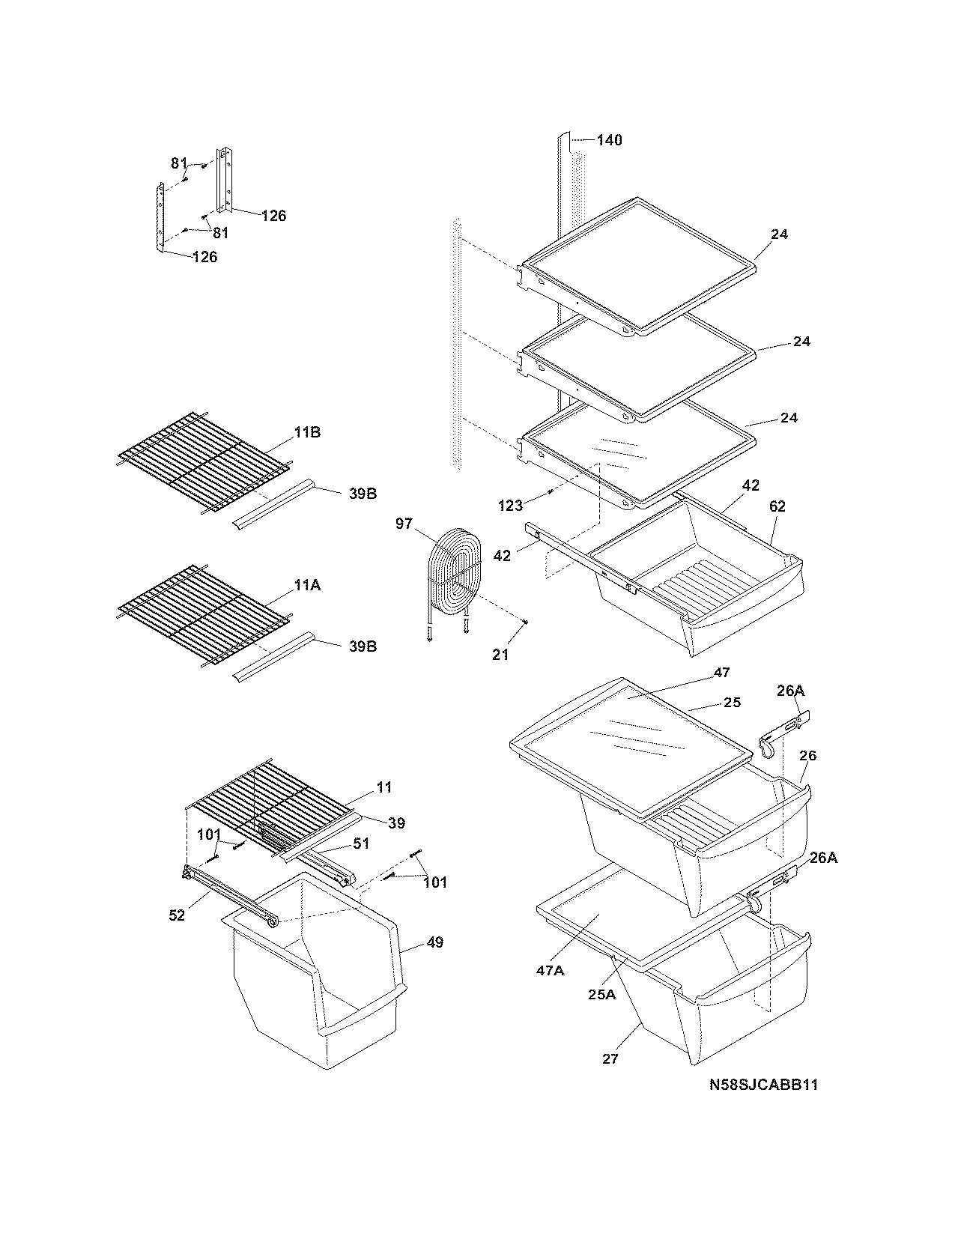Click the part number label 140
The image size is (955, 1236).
click(609, 140)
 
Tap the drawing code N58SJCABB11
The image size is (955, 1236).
click(763, 1084)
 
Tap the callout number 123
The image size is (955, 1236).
click(510, 506)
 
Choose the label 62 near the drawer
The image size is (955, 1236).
click(777, 506)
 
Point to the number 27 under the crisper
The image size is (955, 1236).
click(610, 1058)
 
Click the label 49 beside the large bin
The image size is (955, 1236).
click(434, 942)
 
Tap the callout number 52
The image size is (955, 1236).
click(176, 915)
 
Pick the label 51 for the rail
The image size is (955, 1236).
click(362, 843)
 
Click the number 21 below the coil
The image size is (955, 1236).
click(500, 654)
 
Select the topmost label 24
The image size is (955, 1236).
click(779, 234)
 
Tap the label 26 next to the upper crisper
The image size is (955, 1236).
click(807, 756)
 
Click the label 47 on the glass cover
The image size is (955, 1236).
click(721, 673)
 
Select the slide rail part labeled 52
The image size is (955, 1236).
click(228, 896)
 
